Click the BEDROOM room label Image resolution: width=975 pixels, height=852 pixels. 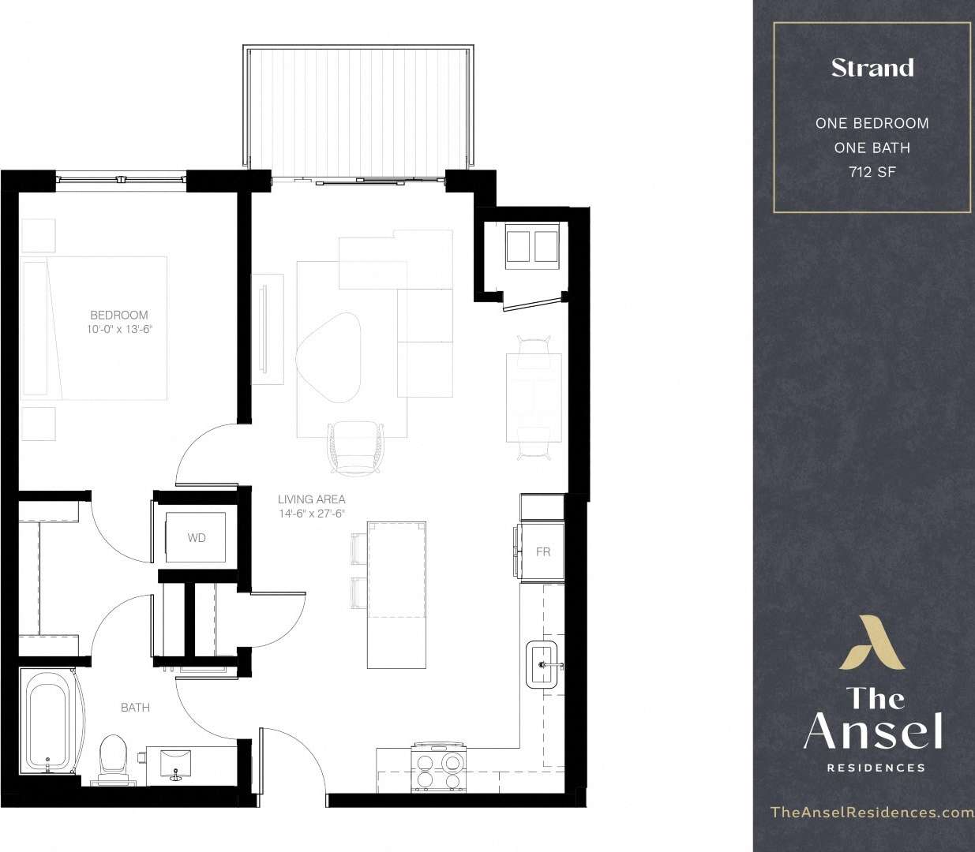click(x=118, y=315)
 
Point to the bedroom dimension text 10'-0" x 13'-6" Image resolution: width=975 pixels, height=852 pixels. click(x=118, y=330)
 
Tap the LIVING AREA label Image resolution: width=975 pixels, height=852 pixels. click(x=311, y=499)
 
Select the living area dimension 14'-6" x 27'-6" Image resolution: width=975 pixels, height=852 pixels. click(x=311, y=514)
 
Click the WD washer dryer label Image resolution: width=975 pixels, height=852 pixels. click(x=197, y=538)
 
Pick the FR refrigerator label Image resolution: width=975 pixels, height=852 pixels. click(x=543, y=552)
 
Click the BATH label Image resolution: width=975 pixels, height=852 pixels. click(x=135, y=708)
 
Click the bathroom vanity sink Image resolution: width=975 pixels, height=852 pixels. click(x=175, y=763)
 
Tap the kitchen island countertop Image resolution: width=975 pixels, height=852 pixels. click(x=397, y=594)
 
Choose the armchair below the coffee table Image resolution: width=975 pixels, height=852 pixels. click(x=358, y=447)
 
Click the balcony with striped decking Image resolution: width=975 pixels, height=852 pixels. click(x=359, y=110)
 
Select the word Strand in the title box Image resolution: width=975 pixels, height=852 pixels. click(x=872, y=68)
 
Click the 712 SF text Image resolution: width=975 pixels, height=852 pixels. click(x=872, y=172)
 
